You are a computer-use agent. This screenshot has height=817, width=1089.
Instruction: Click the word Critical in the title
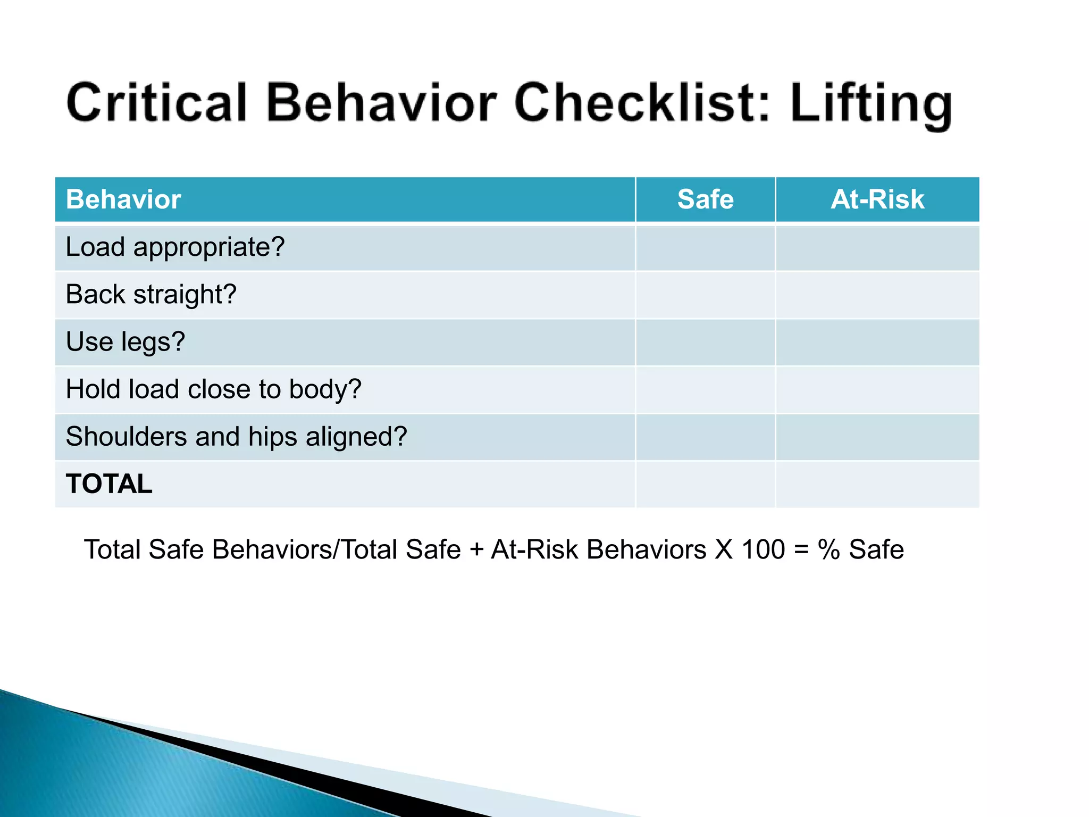tap(157, 103)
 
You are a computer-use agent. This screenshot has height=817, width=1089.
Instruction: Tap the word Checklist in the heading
tap(642, 103)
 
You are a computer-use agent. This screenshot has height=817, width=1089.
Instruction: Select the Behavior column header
tap(123, 199)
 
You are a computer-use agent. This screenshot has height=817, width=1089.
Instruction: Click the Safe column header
tap(705, 199)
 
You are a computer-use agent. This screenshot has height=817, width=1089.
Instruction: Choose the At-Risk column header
tap(877, 199)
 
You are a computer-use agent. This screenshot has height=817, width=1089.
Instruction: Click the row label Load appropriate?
tap(175, 247)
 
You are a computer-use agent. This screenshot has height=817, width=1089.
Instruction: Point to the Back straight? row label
tap(151, 295)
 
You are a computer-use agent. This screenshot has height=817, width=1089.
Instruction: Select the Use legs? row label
tap(125, 342)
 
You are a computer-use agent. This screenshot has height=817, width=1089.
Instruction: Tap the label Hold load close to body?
tap(213, 389)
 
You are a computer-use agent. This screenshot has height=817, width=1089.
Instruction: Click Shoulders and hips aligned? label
tap(236, 437)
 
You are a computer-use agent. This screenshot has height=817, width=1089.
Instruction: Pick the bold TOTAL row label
tap(109, 484)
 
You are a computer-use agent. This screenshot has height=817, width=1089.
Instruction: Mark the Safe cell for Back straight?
tap(705, 295)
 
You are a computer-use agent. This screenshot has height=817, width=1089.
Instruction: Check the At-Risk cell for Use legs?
tap(877, 343)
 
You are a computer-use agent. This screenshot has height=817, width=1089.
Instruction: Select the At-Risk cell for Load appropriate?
tap(877, 248)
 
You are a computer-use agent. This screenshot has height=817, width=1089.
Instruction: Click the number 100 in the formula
tap(763, 549)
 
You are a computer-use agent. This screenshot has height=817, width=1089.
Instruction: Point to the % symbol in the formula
tap(828, 549)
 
